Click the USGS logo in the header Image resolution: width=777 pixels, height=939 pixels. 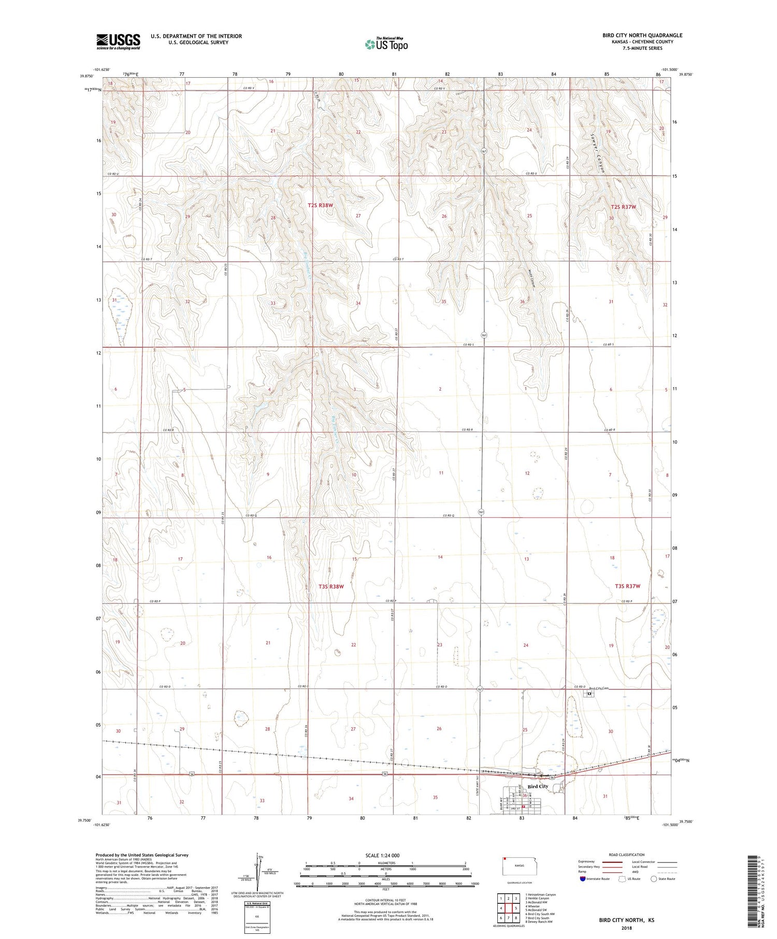118,41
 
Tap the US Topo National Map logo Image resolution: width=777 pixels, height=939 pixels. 386,44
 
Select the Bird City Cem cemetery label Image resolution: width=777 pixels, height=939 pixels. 599,688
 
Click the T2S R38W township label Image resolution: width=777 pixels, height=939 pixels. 320,205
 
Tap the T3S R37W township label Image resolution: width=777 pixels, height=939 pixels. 627,586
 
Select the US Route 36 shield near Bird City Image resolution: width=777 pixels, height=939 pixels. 552,777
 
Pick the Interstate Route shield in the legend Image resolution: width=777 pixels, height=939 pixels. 583,879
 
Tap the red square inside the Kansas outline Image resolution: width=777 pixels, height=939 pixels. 504,858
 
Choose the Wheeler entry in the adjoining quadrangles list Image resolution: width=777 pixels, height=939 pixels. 534,906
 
